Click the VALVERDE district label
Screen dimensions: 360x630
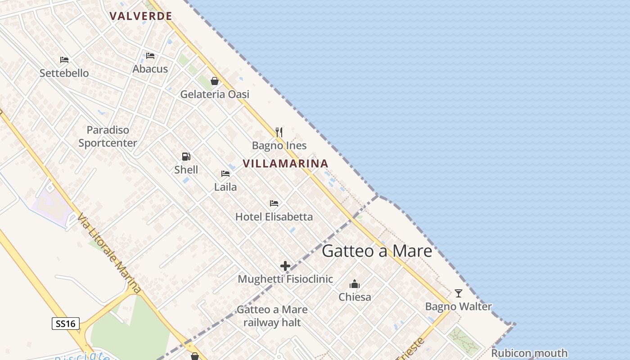(x=141, y=16)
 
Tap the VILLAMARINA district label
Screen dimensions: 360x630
(x=286, y=163)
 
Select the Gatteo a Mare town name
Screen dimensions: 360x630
(x=377, y=251)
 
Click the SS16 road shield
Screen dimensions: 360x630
(x=66, y=323)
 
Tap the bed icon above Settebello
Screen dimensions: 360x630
(x=64, y=60)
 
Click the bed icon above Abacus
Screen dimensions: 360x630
(x=150, y=56)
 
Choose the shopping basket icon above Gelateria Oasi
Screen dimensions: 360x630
(x=215, y=81)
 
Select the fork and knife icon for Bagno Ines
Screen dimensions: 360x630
(x=279, y=132)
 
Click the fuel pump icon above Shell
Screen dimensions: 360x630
(x=186, y=157)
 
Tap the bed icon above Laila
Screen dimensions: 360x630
(x=225, y=174)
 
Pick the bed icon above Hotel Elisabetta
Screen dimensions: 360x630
(x=274, y=203)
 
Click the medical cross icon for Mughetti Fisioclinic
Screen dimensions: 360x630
(x=285, y=266)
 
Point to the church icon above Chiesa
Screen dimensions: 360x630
(x=355, y=284)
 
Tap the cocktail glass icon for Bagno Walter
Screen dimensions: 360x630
(x=459, y=293)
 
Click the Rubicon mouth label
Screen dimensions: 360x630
(x=529, y=353)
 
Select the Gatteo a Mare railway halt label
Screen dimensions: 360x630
(x=272, y=316)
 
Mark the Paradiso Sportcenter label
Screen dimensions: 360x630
(x=108, y=136)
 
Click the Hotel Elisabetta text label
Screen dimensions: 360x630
(x=274, y=216)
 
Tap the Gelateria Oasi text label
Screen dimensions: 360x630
(x=215, y=94)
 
